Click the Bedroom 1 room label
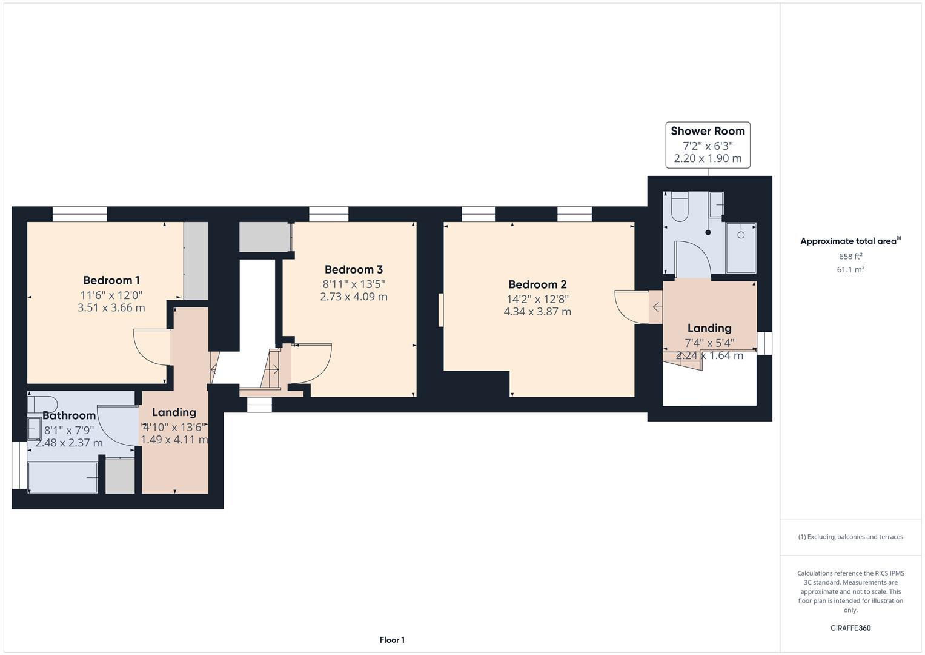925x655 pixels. coord(111,280)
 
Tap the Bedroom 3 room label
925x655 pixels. coord(353,270)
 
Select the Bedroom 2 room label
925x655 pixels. coord(537,284)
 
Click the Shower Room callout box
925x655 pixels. coord(708,144)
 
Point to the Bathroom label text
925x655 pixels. coord(69,415)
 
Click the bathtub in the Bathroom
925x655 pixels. coord(62,477)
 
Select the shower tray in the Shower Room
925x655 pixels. coord(740,247)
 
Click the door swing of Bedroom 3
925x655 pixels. coord(311,364)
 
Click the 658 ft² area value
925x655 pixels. coord(850,257)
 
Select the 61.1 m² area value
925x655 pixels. coord(850,270)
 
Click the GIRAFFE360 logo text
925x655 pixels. coord(850,628)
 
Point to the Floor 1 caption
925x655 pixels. coord(392,640)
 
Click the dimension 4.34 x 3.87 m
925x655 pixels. coord(537,312)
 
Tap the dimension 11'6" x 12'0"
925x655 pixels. coord(111,295)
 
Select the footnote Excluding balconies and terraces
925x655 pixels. coord(850,537)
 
